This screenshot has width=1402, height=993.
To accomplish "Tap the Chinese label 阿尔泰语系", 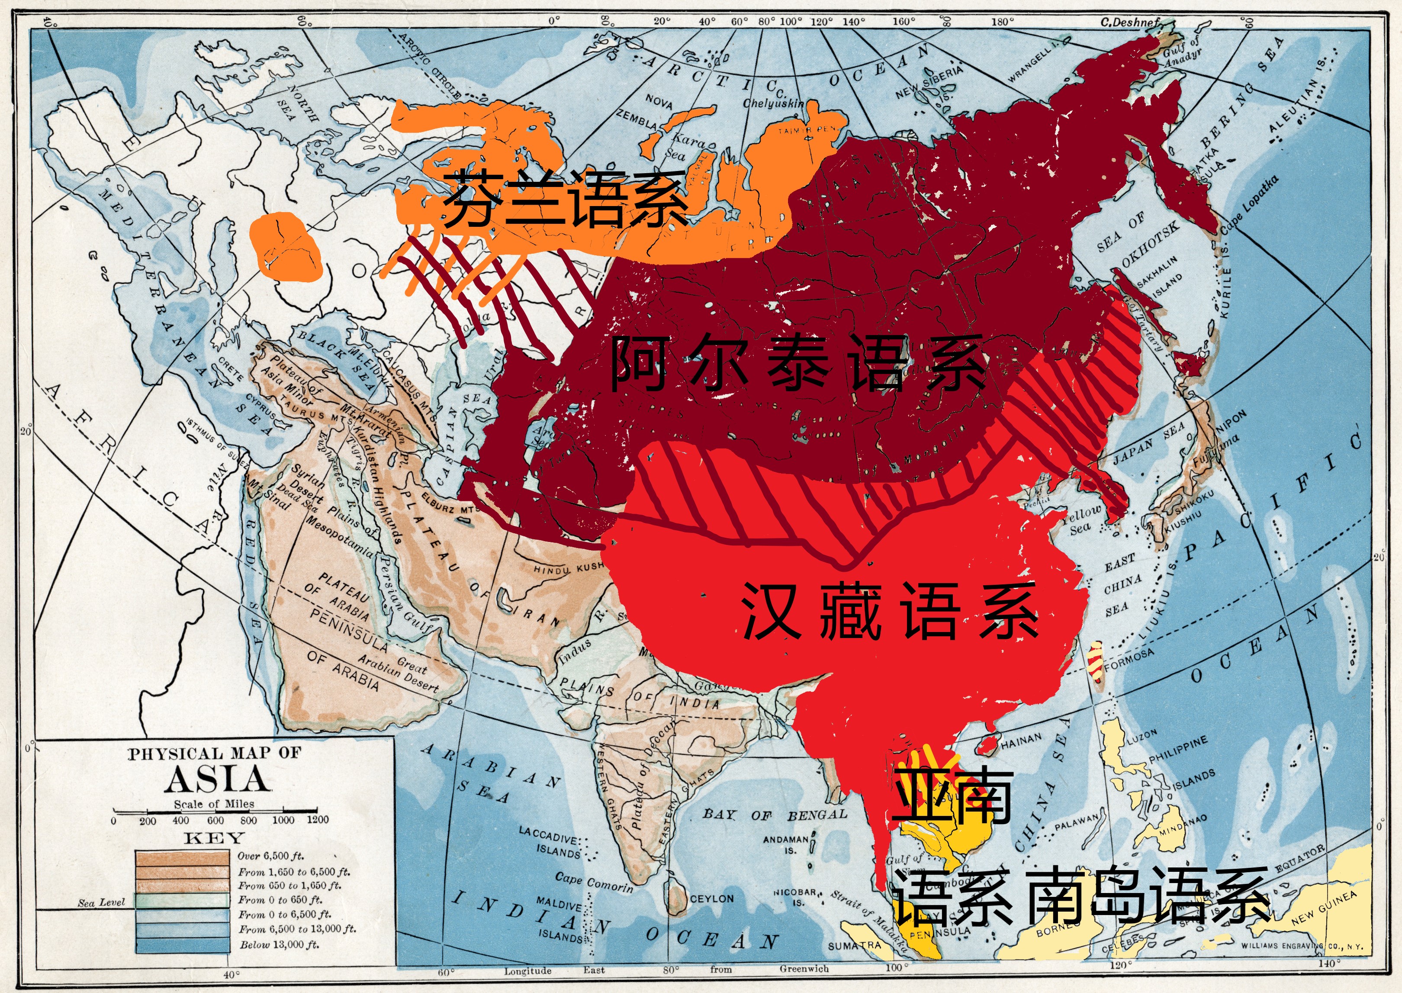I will point(797,363).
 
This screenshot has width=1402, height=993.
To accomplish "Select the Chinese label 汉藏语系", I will point(889,612).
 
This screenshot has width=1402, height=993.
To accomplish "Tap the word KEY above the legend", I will point(214,838).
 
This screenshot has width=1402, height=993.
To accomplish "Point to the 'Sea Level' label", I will point(101,903).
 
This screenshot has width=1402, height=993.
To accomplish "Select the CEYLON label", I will point(711,899).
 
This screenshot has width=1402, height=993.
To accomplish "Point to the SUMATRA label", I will point(855,945).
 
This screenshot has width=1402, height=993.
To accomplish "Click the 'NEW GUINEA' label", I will point(1323,909).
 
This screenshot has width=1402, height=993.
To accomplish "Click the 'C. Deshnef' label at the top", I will point(1129,22).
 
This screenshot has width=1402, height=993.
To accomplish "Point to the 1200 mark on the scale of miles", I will point(317,819).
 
